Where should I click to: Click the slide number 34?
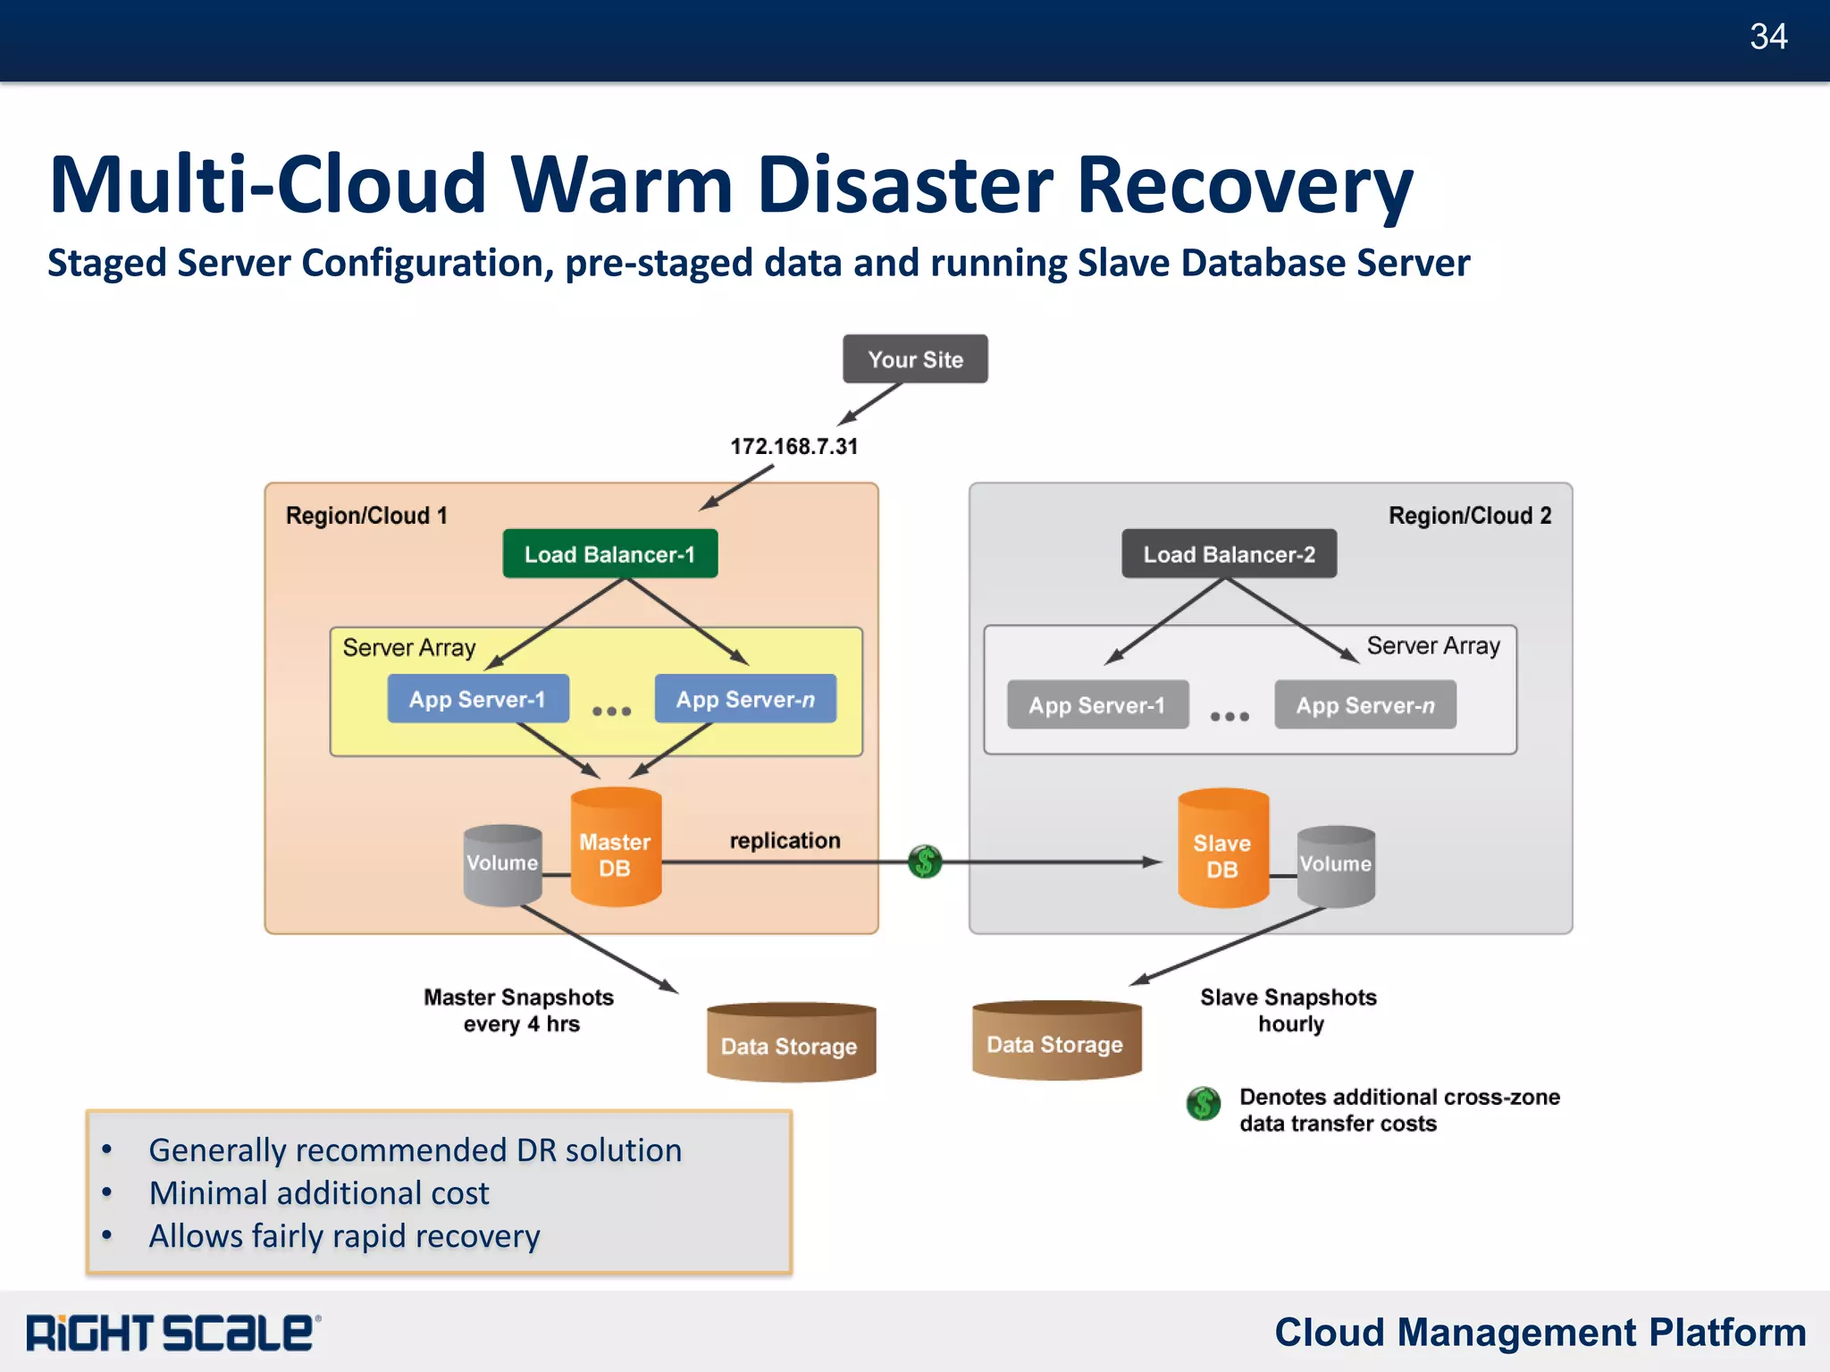point(1767,37)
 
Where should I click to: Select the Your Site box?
point(915,359)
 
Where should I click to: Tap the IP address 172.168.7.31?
point(793,446)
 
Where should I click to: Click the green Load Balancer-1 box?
point(609,554)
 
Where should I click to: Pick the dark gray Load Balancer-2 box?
point(1229,554)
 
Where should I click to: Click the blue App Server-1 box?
point(477,699)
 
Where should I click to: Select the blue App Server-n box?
point(745,699)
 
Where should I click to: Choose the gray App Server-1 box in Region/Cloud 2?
point(1097,705)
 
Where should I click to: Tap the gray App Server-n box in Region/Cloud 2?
point(1364,705)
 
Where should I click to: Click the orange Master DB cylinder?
point(616,847)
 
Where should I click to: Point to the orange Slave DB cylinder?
point(1222,849)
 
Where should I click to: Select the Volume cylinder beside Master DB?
point(502,864)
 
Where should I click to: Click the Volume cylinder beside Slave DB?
point(1336,865)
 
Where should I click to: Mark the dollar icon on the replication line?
point(925,862)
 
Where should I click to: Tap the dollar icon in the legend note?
point(1203,1104)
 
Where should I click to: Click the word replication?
point(785,840)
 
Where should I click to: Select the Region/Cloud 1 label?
point(366,516)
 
